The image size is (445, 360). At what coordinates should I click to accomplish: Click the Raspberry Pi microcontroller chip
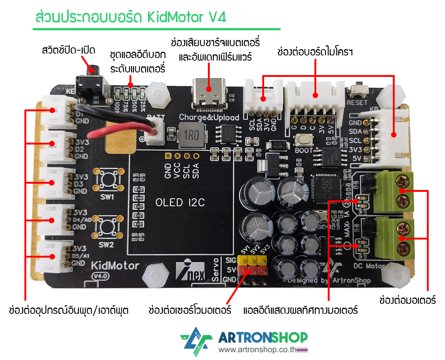[326, 187]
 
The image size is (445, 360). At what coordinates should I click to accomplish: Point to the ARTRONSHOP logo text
[263, 337]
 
